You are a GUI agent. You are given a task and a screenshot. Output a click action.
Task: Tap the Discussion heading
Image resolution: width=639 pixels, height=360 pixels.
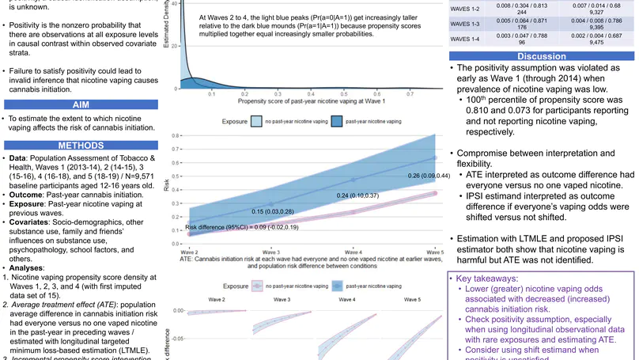tap(541, 56)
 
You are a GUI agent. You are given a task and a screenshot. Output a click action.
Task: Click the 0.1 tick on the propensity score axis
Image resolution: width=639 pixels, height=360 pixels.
tap(212, 93)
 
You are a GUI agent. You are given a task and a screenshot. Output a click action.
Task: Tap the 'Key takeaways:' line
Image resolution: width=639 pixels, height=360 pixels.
tap(492, 279)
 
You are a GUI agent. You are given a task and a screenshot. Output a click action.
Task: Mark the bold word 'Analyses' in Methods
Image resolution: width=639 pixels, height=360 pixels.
tap(29, 267)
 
